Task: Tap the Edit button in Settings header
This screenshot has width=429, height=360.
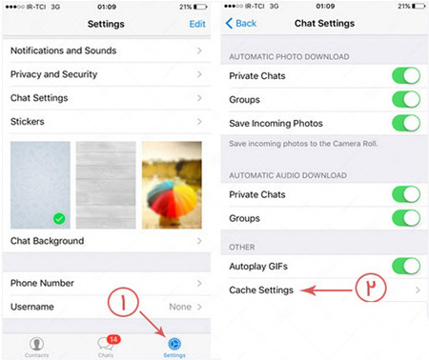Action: pos(197,24)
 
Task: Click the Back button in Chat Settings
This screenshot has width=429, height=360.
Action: pos(241,23)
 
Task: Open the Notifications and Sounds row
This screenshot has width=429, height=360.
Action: pos(107,50)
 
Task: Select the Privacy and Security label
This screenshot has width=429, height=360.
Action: pos(53,74)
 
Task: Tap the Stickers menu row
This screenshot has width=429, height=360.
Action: pos(107,122)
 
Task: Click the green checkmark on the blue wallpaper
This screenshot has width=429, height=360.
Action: pos(59,218)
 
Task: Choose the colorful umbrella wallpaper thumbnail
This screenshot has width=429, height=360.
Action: pos(172,185)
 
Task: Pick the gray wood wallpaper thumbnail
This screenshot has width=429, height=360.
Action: pos(106,185)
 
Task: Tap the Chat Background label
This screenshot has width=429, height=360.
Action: pos(47,241)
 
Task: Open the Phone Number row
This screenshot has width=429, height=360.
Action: pos(107,283)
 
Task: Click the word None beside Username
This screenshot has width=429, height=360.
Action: pos(180,307)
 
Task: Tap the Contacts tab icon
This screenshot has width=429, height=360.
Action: pos(36,344)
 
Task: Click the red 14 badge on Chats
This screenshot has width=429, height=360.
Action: pos(113,339)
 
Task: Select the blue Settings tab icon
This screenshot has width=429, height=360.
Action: pos(174,344)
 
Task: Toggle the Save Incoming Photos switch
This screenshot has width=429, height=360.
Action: pos(406,123)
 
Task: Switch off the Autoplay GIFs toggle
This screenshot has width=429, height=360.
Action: pos(406,266)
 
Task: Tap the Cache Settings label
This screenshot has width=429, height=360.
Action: pos(261,290)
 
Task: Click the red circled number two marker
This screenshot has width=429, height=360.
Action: pos(371,287)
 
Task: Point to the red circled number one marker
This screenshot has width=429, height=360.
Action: pos(123,302)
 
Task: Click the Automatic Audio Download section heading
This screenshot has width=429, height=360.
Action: pos(288,175)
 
